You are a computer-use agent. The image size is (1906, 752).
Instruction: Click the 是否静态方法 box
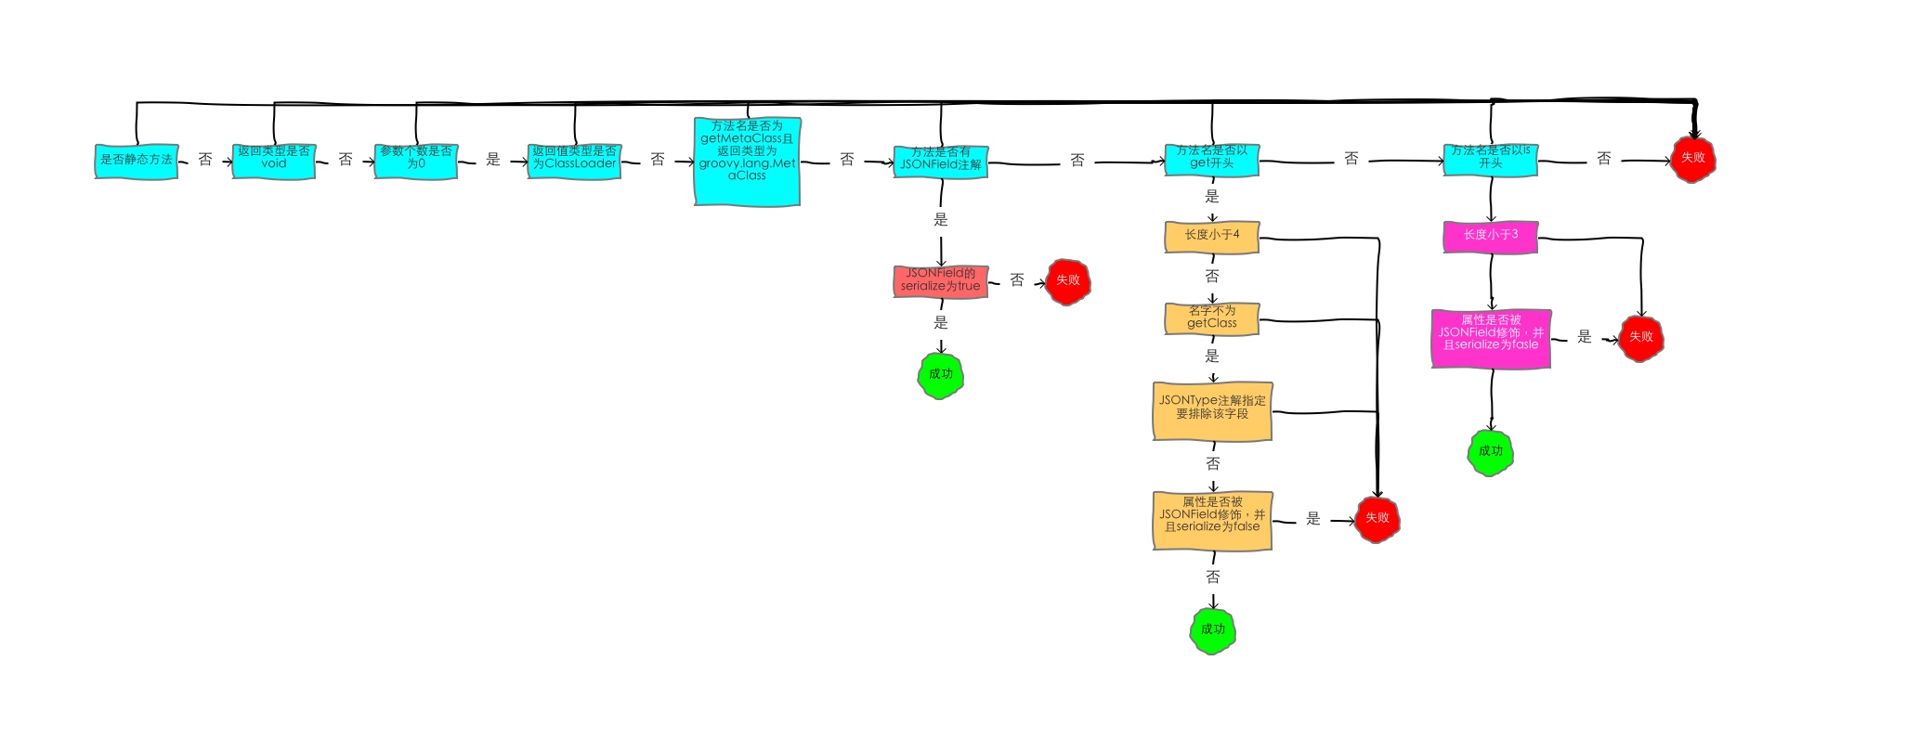point(137,161)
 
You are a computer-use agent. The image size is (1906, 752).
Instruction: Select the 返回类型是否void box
point(274,161)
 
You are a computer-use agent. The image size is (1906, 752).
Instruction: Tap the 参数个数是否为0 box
point(416,161)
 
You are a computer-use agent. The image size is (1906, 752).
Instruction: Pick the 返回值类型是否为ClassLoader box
point(574,161)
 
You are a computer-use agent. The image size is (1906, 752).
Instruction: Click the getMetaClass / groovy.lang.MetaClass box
point(747,162)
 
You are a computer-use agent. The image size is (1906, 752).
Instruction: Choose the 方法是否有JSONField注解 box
point(940,162)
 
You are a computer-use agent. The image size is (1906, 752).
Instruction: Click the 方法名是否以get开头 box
point(1212,160)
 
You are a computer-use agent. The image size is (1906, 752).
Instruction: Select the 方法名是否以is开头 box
point(1491,160)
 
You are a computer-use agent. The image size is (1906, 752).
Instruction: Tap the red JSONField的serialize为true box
point(940,281)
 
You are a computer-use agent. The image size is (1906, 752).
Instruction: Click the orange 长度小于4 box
point(1212,237)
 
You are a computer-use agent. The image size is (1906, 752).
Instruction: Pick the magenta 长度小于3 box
point(1491,236)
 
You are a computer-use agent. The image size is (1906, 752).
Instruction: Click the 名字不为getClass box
point(1212,318)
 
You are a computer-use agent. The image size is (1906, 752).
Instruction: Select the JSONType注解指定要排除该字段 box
point(1212,410)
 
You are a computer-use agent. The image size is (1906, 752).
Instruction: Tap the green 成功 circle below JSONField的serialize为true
point(941,375)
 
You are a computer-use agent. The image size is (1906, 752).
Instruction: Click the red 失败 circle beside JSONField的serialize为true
point(1068,281)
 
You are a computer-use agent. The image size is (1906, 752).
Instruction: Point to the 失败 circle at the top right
point(1693,159)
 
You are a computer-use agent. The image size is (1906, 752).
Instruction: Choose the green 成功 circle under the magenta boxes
point(1491,452)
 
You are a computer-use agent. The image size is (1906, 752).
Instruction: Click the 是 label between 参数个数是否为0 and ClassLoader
point(493,160)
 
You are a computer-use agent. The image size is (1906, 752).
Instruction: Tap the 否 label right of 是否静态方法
point(205,160)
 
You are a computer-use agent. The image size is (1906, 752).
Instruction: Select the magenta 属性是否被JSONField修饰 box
point(1491,339)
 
